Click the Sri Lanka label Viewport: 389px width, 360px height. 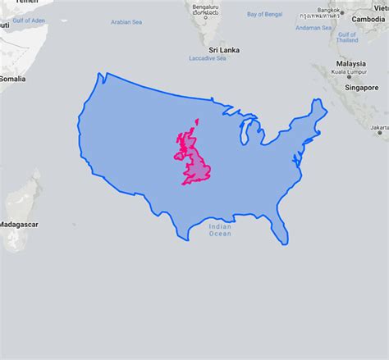click(223, 49)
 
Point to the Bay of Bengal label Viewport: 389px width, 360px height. click(265, 14)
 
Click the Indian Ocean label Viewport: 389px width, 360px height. click(220, 230)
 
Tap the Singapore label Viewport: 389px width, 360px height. click(362, 87)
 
